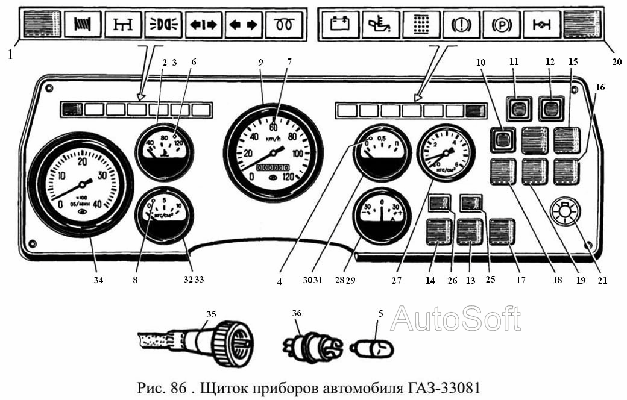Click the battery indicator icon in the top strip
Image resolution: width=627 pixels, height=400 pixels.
coord(340,25)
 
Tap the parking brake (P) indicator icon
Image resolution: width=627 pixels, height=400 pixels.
coord(502,25)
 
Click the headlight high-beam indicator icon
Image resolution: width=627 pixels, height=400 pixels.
coord(163,25)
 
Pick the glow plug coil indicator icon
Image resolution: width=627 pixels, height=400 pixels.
coord(284,25)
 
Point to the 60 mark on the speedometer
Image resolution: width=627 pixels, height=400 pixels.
coord(273,128)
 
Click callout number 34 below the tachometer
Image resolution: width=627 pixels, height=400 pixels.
coord(98,280)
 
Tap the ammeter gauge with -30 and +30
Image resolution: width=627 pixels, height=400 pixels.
coord(382,216)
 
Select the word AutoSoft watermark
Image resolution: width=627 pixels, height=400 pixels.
coord(455,319)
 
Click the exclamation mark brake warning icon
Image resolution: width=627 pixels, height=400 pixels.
coord(461,25)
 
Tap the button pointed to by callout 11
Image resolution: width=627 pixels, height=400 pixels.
coord(516,109)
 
